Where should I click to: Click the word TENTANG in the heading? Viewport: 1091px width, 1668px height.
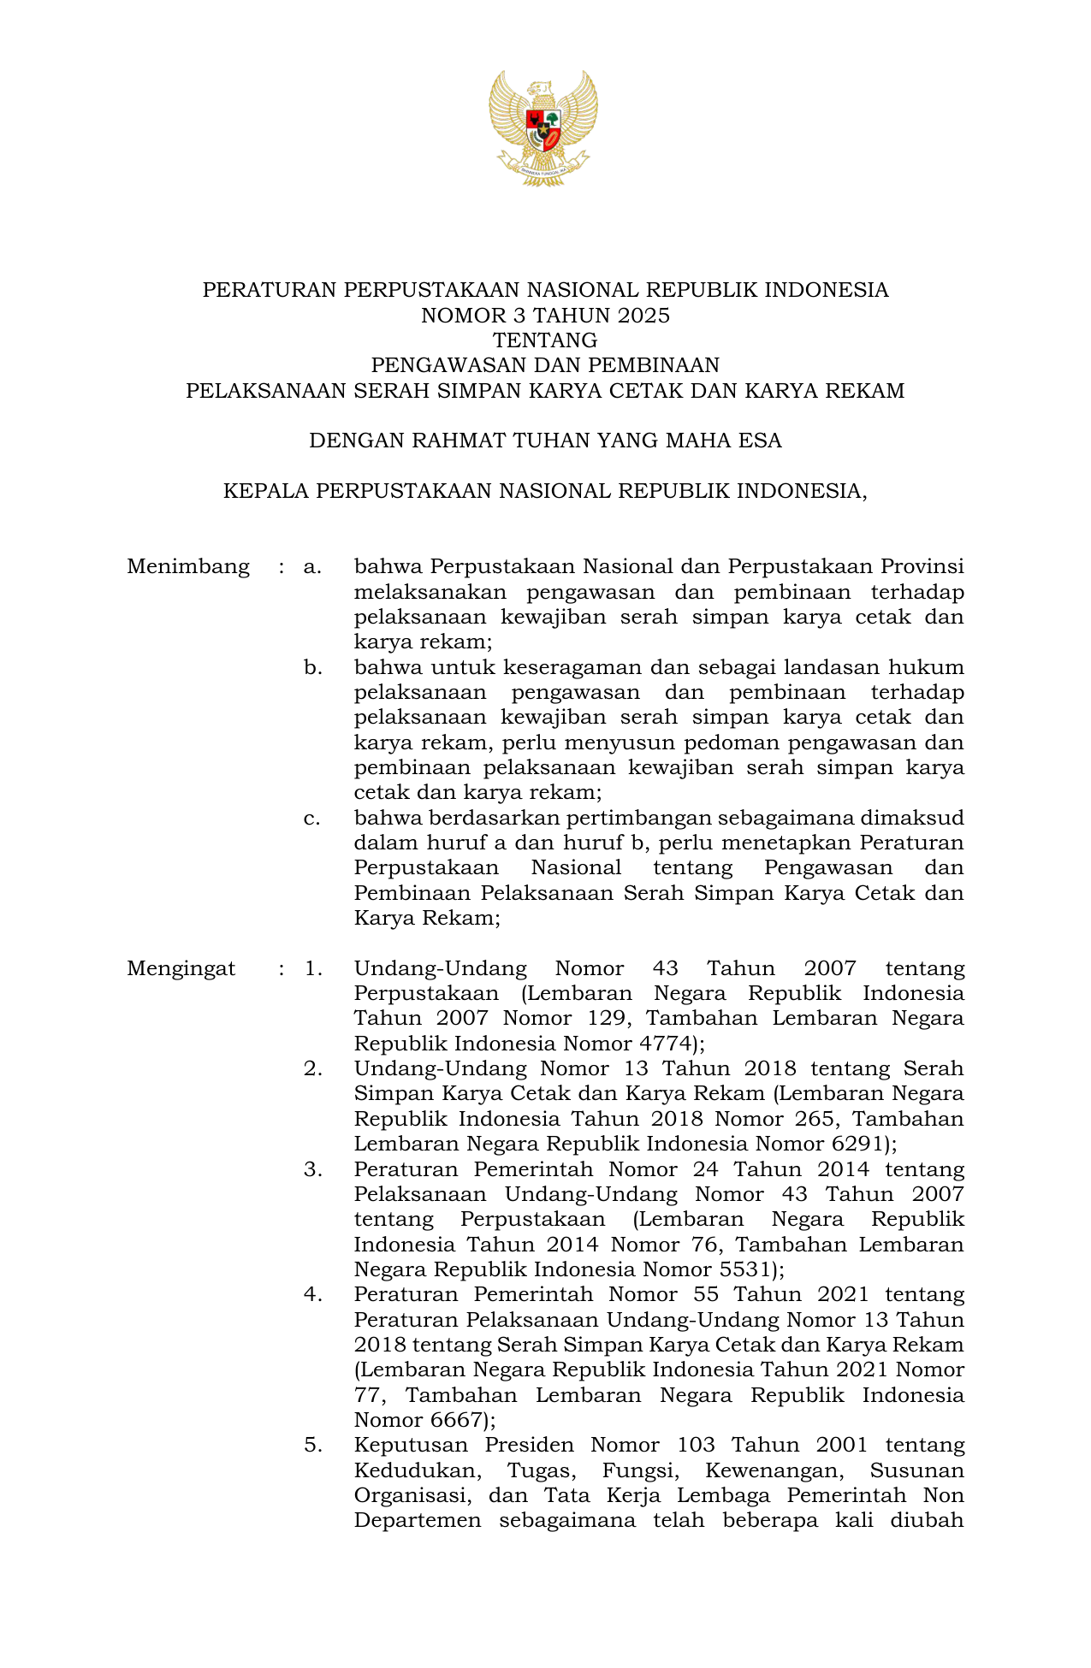pyautogui.click(x=544, y=340)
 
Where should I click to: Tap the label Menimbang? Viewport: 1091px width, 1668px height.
pyautogui.click(x=188, y=567)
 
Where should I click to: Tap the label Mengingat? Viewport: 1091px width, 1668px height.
pyautogui.click(x=181, y=968)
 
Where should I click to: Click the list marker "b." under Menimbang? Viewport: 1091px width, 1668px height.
pyautogui.click(x=313, y=667)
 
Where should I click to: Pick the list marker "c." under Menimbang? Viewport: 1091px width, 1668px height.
pyautogui.click(x=312, y=818)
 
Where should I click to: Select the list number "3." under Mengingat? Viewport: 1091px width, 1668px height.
pyautogui.click(x=313, y=1169)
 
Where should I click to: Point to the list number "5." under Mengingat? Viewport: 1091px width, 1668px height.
pyautogui.click(x=313, y=1446)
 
